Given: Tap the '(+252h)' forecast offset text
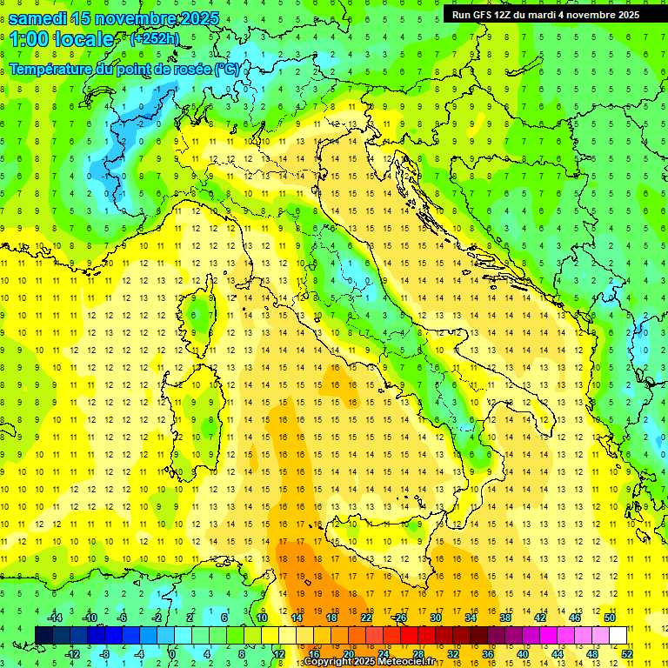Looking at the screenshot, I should coord(154,37).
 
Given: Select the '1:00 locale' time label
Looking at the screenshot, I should coord(61,39).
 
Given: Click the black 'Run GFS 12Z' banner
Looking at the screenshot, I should coord(544,14).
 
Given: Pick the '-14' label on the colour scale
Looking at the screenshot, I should coord(55,618).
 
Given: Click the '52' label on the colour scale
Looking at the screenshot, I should coord(627,654).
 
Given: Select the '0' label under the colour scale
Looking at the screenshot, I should coord(171,654).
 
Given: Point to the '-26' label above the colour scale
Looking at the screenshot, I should coord(399,618).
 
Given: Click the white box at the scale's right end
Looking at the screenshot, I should coord(618,636).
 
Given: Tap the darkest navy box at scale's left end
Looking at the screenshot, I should coord(43,636).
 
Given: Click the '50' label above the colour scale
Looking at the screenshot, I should coord(609,618).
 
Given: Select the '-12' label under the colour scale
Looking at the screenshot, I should coord(72,654).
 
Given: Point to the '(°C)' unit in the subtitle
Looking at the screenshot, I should coord(226,69).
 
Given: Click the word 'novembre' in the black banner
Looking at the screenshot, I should coord(587,14).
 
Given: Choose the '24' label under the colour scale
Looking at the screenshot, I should coord(383,654).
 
